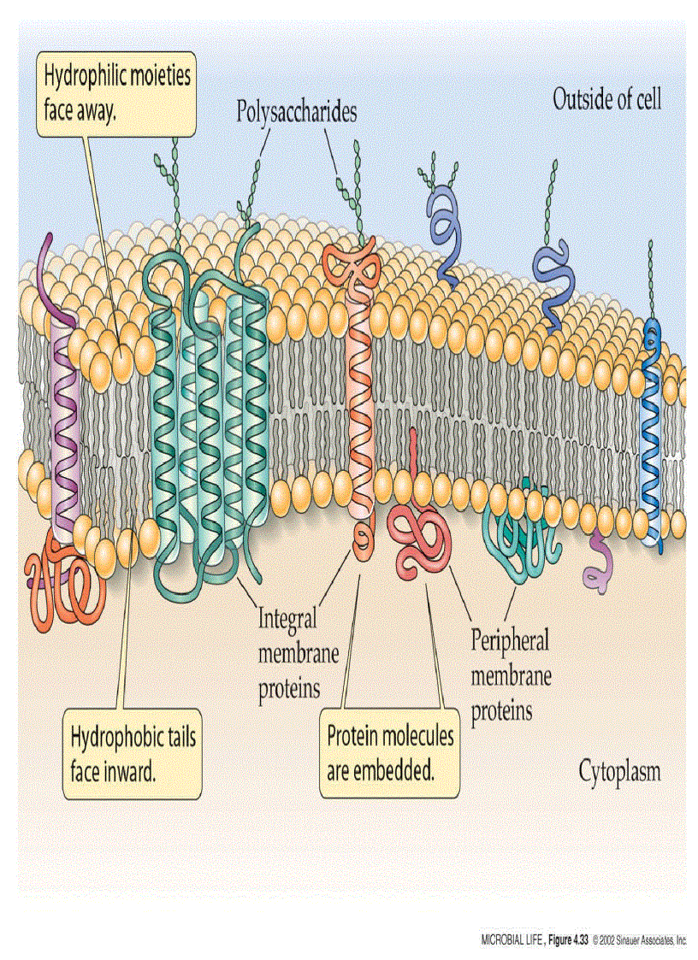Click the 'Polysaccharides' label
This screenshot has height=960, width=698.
(x=297, y=112)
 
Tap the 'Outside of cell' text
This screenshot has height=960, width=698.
(x=606, y=99)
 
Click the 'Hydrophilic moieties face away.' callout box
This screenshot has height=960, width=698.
(x=117, y=92)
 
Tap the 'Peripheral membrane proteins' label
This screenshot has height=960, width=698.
(x=511, y=674)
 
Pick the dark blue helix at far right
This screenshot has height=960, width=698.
(x=652, y=436)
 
